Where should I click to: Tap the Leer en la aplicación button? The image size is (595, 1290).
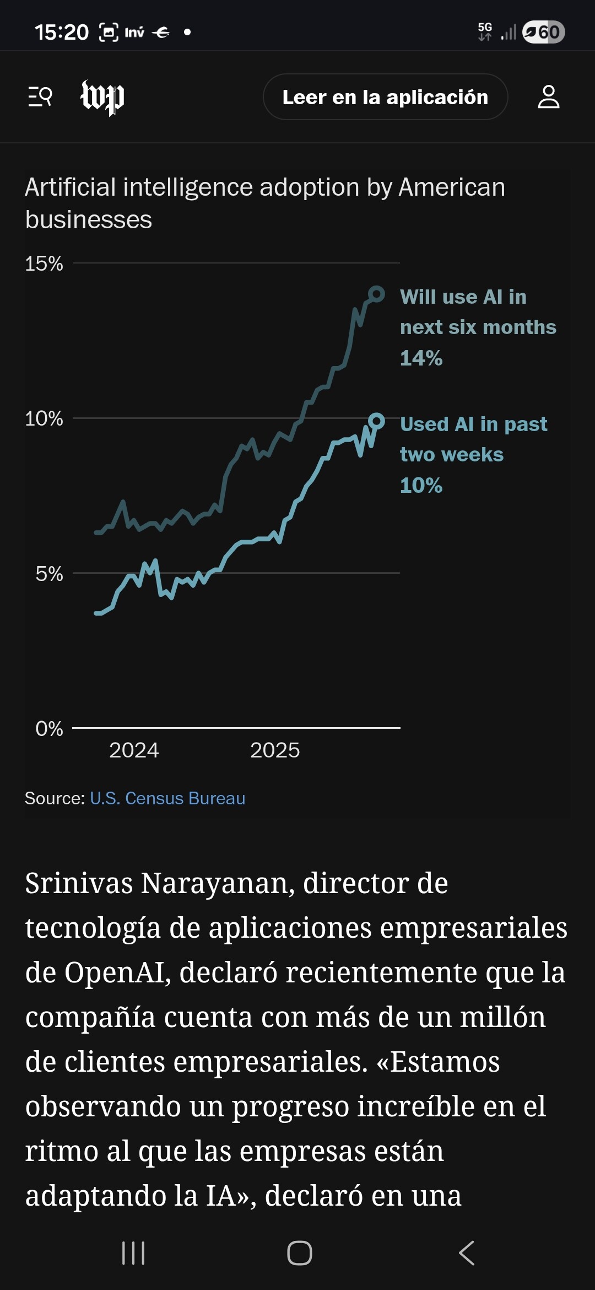pos(385,97)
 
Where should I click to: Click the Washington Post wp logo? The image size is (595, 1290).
pos(102,98)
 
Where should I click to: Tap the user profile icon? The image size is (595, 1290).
pos(548,97)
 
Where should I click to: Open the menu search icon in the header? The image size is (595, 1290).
pos(40,97)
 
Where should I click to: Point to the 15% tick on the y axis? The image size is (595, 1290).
pos(44,264)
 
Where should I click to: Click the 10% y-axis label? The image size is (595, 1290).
pos(44,419)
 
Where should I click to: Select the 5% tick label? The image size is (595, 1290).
pos(49,574)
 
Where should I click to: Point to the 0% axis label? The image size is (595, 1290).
pos(49,729)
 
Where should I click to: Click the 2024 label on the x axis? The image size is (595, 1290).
pos(134,750)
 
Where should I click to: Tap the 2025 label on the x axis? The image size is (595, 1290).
pos(275,750)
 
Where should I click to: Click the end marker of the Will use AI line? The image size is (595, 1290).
pos(376,294)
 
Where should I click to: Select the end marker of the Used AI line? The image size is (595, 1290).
pos(376,422)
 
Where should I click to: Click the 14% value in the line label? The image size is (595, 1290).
pos(421,358)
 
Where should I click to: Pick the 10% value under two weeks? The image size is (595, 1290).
pos(421,486)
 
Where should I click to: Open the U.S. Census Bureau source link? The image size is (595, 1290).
pos(167,798)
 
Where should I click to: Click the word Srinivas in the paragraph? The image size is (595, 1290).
pos(79,883)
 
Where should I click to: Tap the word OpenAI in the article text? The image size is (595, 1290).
pos(113,972)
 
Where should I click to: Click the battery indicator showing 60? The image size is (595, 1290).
pos(543,32)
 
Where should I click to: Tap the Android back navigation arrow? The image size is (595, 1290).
pos(467,1253)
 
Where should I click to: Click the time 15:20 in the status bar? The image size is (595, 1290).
pos(62,33)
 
